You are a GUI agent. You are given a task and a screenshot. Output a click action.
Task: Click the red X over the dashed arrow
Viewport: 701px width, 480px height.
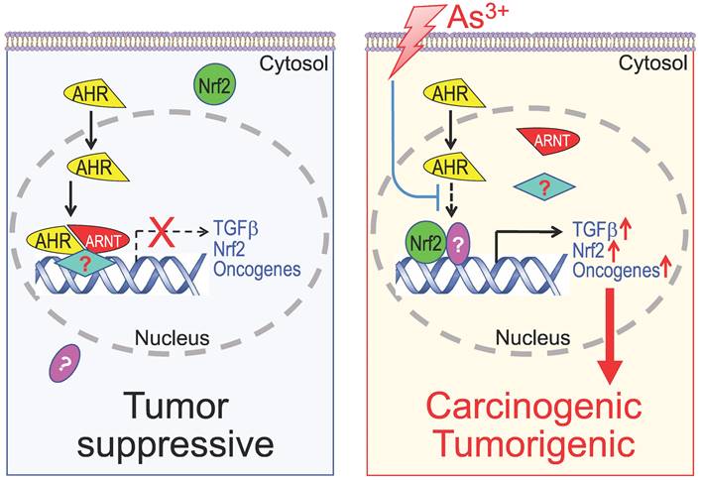[157, 226]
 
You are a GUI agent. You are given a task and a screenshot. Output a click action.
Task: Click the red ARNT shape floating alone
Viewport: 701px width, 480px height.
[544, 140]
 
